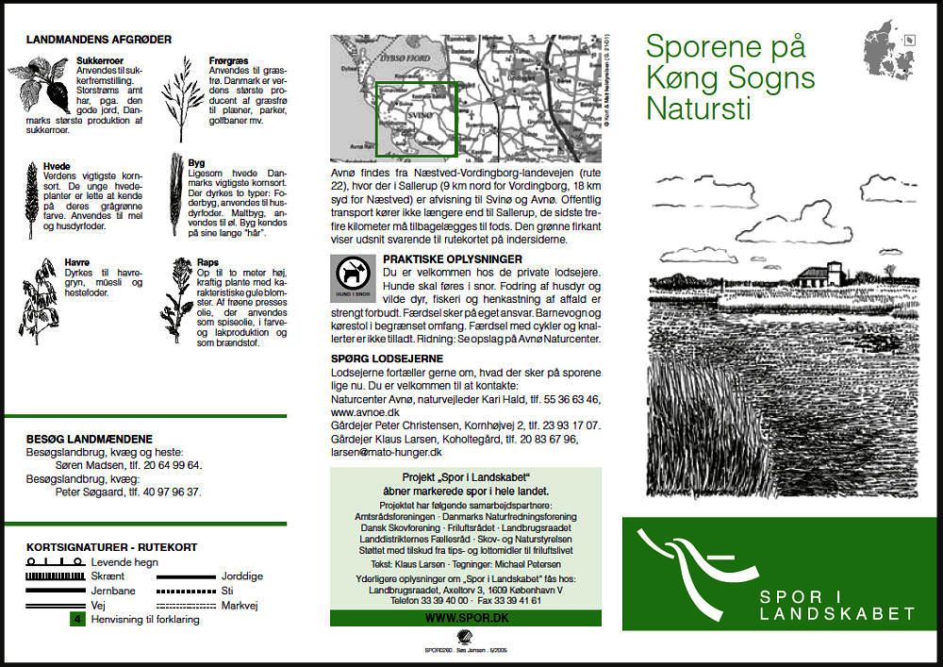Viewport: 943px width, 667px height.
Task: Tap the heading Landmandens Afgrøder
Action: [x=99, y=40]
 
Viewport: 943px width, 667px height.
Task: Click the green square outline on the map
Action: [x=417, y=119]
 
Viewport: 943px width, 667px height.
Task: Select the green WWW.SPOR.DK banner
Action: [x=465, y=618]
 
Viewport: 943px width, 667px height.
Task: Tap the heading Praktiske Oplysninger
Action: [x=453, y=258]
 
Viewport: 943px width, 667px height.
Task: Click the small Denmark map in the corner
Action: [x=891, y=52]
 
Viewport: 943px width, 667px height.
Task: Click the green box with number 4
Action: [x=78, y=620]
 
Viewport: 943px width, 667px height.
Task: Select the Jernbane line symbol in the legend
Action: [x=55, y=591]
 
